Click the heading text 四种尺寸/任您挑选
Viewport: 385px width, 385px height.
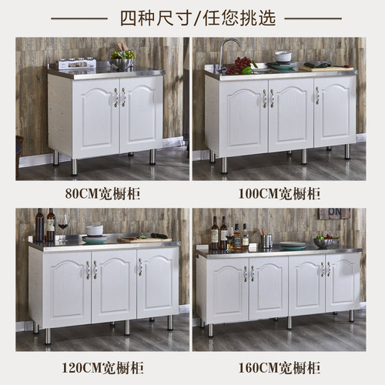(192, 17)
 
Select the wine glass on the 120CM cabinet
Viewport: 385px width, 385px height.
(63, 224)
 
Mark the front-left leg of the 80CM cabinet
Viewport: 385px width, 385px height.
(74, 166)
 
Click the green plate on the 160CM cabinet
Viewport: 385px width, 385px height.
(293, 246)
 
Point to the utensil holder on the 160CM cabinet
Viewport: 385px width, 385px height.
(266, 241)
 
